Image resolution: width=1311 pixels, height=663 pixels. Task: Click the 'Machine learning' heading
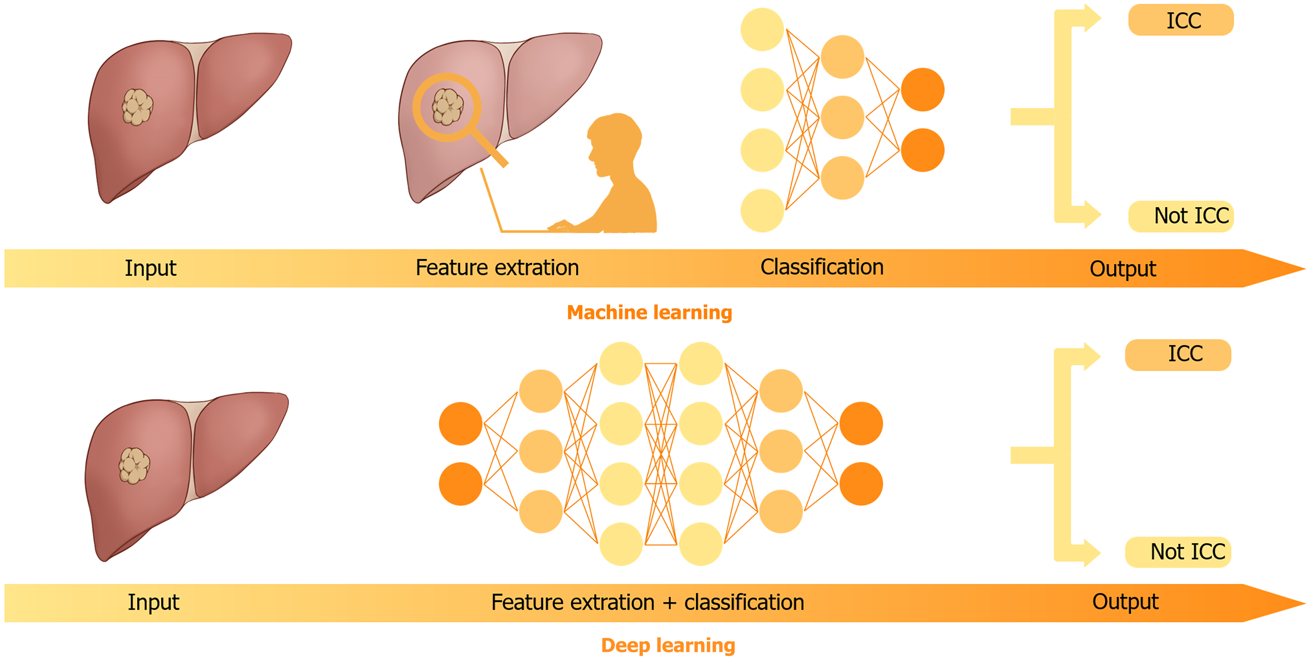click(649, 312)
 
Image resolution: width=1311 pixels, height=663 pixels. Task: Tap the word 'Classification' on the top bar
click(821, 267)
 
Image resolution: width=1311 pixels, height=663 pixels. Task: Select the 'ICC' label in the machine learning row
click(1183, 20)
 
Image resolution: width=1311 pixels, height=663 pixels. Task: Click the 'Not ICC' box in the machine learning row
click(1181, 216)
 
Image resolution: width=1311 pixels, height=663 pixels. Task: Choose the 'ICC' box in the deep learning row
click(1178, 355)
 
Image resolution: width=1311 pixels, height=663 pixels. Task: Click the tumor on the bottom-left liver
click(134, 465)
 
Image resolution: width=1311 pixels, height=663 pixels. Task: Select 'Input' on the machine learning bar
click(150, 268)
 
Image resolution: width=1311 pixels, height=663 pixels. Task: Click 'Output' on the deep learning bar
click(1125, 602)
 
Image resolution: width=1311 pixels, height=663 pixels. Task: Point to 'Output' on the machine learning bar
click(1122, 269)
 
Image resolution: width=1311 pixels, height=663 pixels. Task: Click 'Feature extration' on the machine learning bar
click(497, 267)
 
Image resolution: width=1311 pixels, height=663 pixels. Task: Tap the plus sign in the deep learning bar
click(669, 603)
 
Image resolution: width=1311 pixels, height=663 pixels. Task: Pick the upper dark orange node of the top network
click(922, 90)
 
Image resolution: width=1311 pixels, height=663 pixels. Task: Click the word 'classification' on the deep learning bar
click(744, 602)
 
